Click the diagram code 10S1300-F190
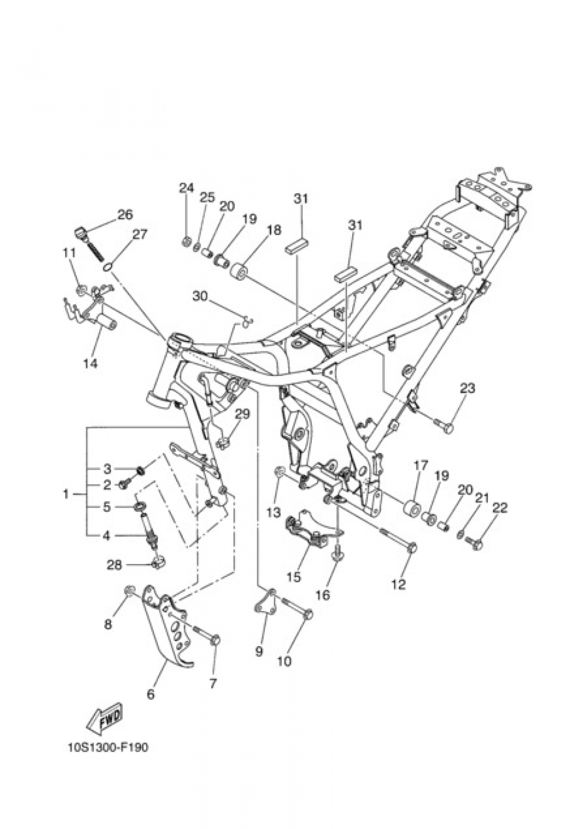click(107, 747)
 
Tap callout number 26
click(125, 214)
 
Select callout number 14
click(90, 363)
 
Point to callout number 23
click(467, 388)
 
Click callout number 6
click(151, 694)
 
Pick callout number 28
click(114, 565)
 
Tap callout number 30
click(200, 296)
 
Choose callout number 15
click(293, 577)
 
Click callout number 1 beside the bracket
click(66, 494)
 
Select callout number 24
click(186, 188)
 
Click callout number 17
click(420, 466)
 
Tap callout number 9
click(259, 651)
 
